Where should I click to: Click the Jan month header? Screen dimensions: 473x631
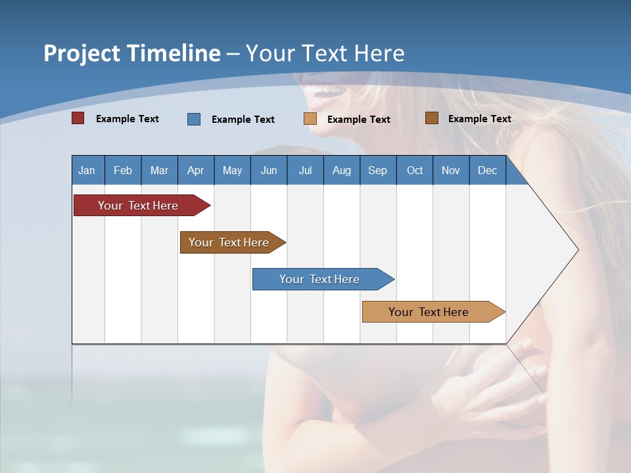point(87,170)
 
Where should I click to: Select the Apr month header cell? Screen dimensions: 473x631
point(196,170)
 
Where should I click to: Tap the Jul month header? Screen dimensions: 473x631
point(305,170)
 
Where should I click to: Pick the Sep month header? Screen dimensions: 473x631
point(378,170)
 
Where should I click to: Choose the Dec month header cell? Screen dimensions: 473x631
point(487,170)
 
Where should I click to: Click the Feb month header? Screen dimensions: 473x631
point(123,170)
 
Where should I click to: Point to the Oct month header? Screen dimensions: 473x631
point(415,170)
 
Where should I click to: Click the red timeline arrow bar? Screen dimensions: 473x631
point(139,206)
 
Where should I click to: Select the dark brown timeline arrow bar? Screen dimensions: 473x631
point(230,242)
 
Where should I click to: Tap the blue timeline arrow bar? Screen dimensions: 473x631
point(320,279)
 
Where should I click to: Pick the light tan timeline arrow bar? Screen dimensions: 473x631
point(430,312)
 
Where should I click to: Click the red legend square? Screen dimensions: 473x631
point(78,118)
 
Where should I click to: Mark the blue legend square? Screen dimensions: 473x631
point(194,119)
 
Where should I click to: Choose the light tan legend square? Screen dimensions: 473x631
point(310,119)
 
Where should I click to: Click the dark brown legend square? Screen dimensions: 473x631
point(432,118)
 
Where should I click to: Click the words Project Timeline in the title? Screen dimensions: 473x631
point(132,53)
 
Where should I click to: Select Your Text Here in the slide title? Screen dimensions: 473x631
point(325,53)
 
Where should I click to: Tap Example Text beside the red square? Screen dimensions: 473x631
point(128,119)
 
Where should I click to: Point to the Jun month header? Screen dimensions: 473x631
point(269,170)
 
